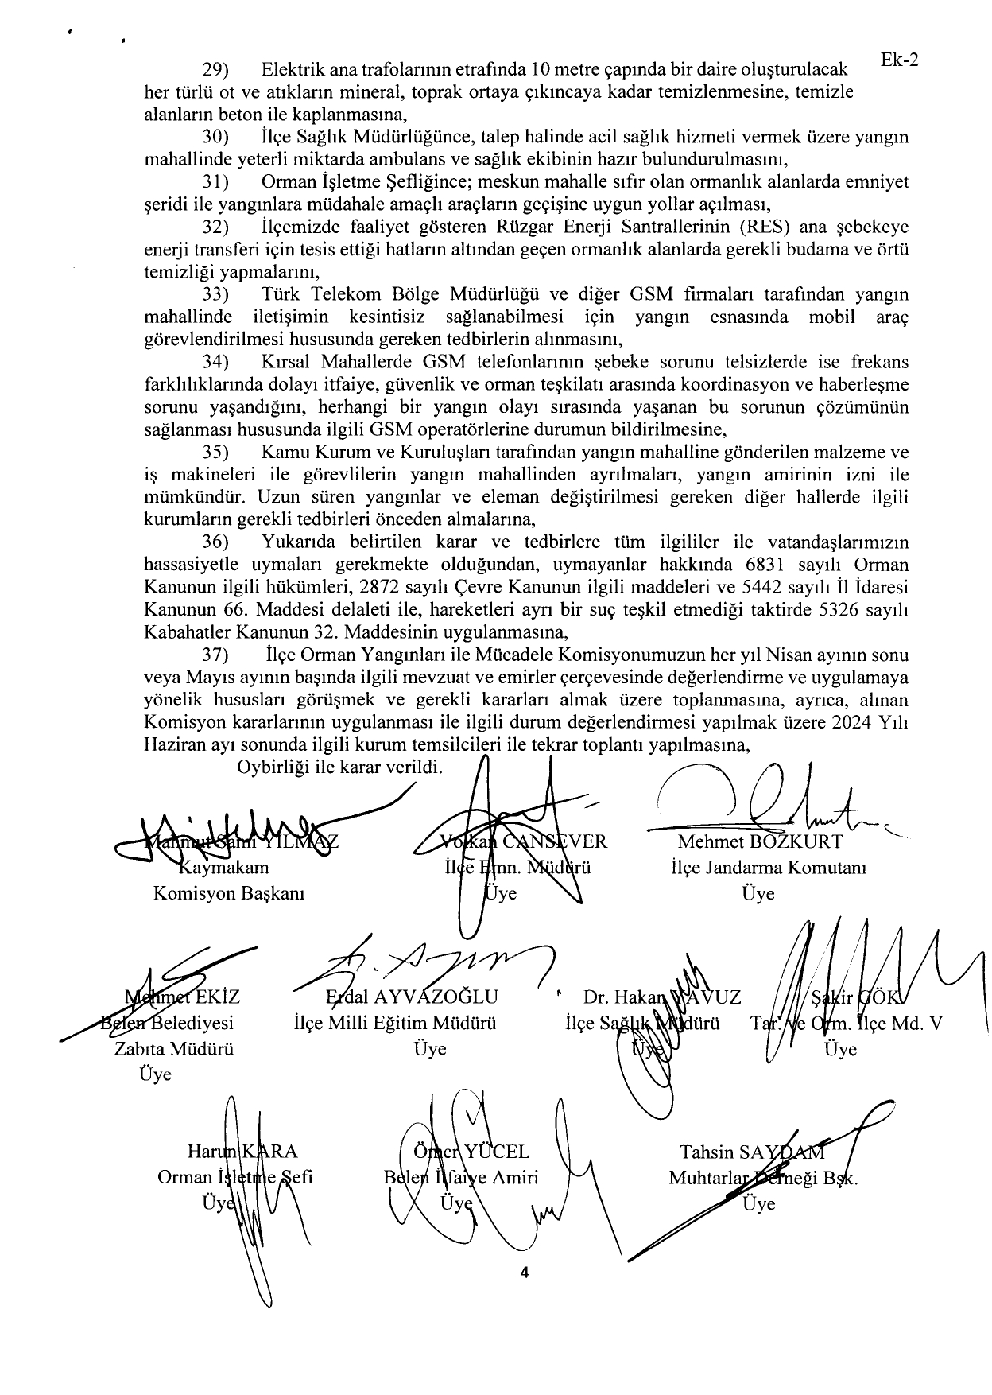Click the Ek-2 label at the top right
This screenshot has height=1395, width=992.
pos(900,61)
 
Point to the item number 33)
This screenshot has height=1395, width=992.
pos(215,295)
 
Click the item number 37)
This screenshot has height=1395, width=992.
pos(215,656)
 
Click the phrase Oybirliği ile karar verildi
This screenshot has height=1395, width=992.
pos(339,768)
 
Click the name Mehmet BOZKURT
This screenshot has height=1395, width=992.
pos(759,841)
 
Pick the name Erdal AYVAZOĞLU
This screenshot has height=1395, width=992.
pos(412,997)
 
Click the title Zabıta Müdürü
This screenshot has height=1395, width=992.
pos(174,1048)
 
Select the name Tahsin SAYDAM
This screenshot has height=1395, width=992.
pos(752,1152)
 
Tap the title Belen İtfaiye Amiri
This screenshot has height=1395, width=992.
pos(461,1177)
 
